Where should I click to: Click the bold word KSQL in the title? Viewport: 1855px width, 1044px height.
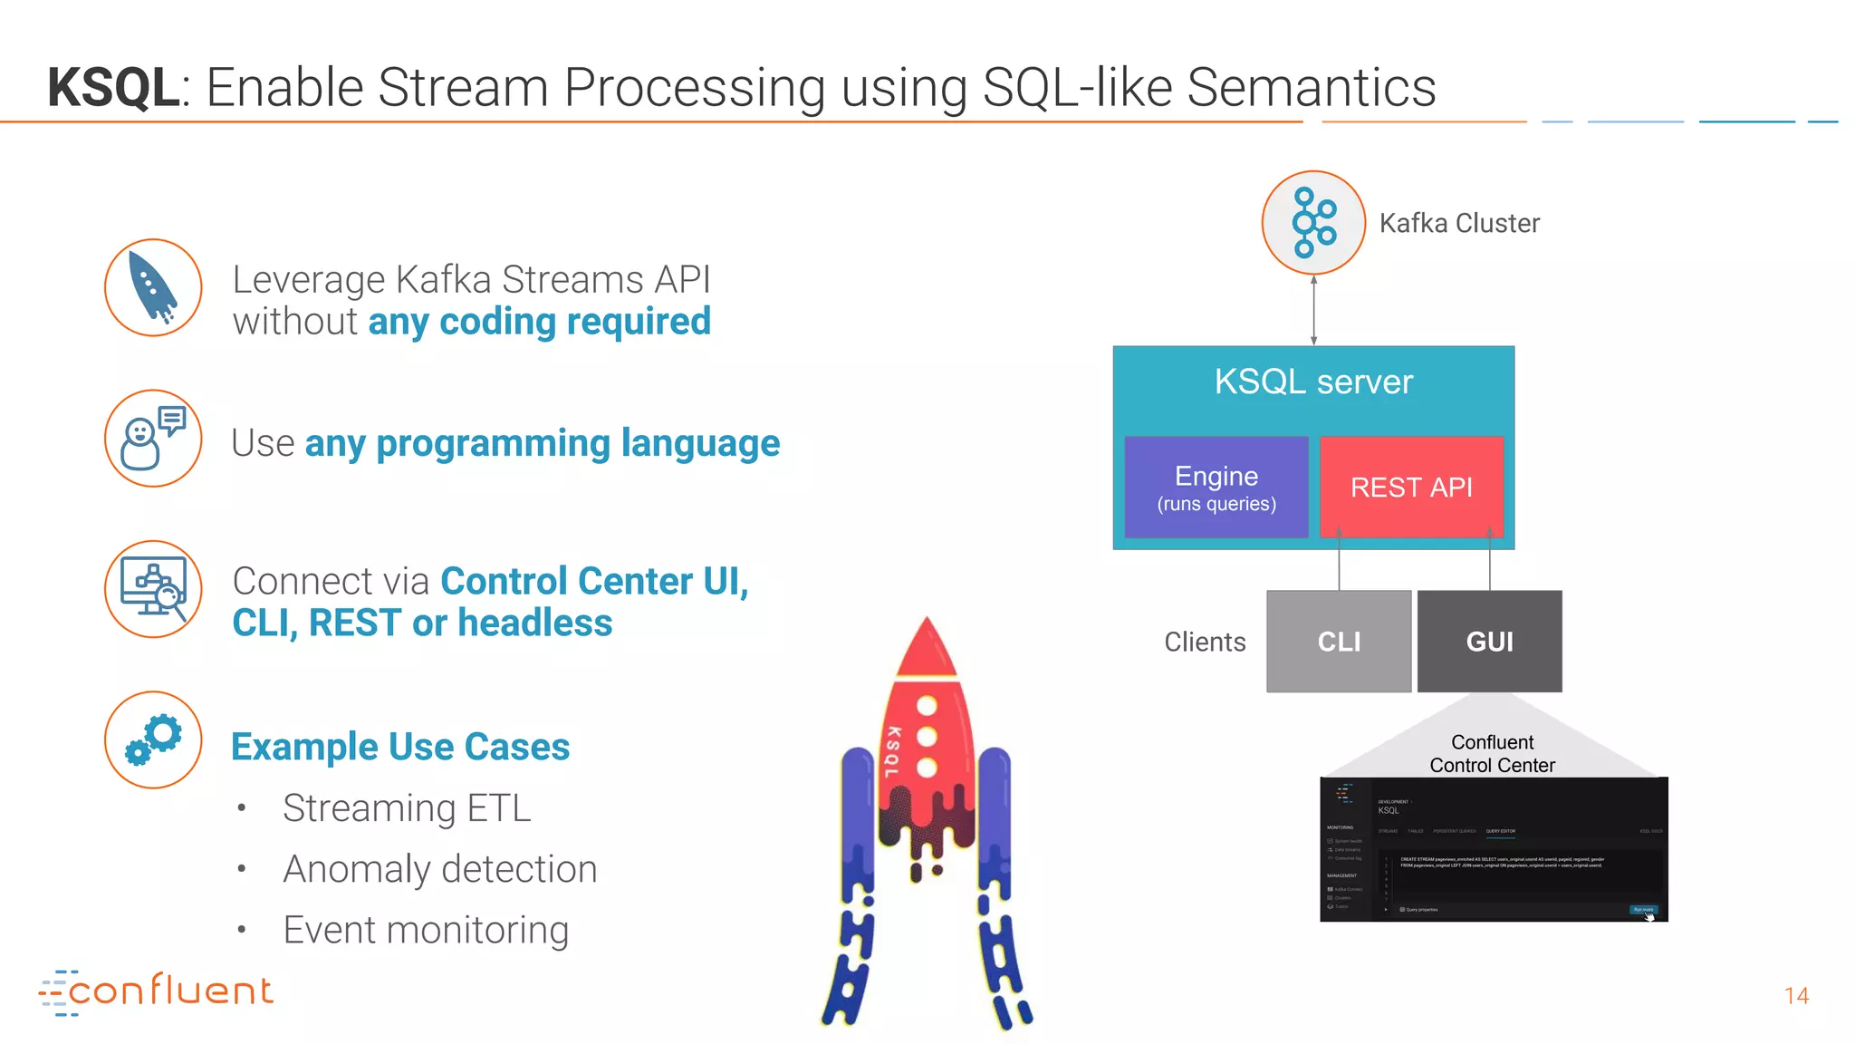(x=113, y=88)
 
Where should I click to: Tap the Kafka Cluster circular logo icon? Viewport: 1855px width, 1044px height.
(x=1313, y=223)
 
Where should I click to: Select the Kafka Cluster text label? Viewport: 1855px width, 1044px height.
(x=1459, y=223)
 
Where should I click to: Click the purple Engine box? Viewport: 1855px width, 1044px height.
(x=1216, y=488)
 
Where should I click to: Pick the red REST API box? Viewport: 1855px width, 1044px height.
(x=1411, y=488)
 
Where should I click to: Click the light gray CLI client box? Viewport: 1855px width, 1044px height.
(x=1339, y=642)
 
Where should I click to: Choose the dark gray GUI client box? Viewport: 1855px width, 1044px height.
(x=1489, y=642)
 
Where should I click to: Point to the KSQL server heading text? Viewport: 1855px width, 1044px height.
(x=1313, y=382)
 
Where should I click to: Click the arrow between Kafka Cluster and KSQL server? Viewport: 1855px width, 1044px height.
(x=1313, y=310)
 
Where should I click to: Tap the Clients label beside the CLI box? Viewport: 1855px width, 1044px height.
(x=1205, y=642)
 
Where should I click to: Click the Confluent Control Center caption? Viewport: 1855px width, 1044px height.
(x=1492, y=754)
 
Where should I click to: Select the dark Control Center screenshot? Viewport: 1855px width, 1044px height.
(x=1494, y=849)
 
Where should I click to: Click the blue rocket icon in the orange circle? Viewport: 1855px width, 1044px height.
(x=153, y=288)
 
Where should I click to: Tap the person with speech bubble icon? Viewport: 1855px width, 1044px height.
(x=153, y=439)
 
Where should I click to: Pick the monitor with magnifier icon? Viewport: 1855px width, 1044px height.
(x=153, y=589)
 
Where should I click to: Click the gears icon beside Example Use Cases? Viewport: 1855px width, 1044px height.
(x=153, y=739)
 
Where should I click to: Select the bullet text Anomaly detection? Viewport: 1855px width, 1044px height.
(x=439, y=869)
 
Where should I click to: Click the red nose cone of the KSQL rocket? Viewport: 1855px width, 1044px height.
(x=926, y=649)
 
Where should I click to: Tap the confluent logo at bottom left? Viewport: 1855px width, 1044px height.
(x=156, y=991)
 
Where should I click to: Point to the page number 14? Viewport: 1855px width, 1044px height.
(x=1796, y=996)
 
